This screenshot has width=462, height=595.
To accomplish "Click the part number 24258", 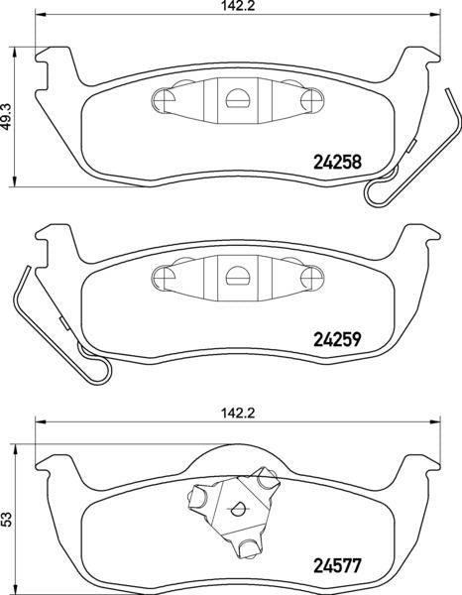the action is pos(337,163).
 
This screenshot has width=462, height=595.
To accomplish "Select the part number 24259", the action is pos(337,339).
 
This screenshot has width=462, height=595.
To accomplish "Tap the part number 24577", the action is pos(337,566).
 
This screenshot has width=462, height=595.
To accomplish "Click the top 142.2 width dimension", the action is pos(238,6).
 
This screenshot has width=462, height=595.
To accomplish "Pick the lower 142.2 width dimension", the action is pos(238,413).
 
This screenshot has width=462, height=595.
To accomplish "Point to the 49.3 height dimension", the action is pos(6,116).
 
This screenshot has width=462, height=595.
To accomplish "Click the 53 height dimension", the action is pos(6,519).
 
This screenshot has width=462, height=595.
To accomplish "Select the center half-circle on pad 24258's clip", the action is pos(238,98).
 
